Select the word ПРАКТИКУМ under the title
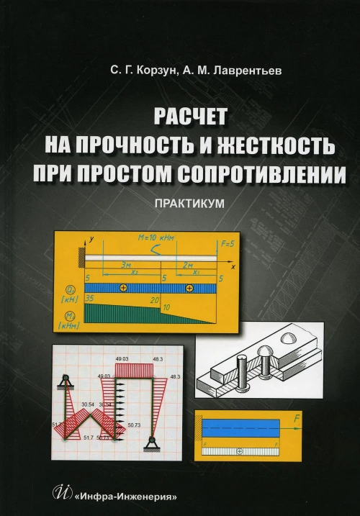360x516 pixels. coord(189,204)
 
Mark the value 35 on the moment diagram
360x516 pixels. coord(90,297)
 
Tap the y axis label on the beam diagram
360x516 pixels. coord(93,236)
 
